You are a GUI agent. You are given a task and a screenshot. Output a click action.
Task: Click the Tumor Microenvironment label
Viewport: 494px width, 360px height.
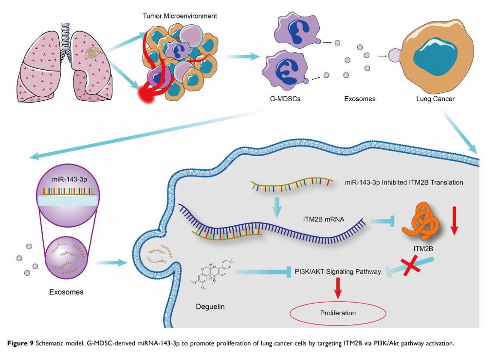180,16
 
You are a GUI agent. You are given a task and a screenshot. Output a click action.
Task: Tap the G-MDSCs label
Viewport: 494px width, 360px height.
285,99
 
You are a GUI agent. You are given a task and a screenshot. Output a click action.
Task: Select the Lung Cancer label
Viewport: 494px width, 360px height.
435,99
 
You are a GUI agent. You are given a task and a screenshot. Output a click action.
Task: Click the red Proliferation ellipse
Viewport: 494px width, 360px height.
338,313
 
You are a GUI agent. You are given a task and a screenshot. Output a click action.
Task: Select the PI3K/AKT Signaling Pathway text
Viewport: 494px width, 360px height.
339,271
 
